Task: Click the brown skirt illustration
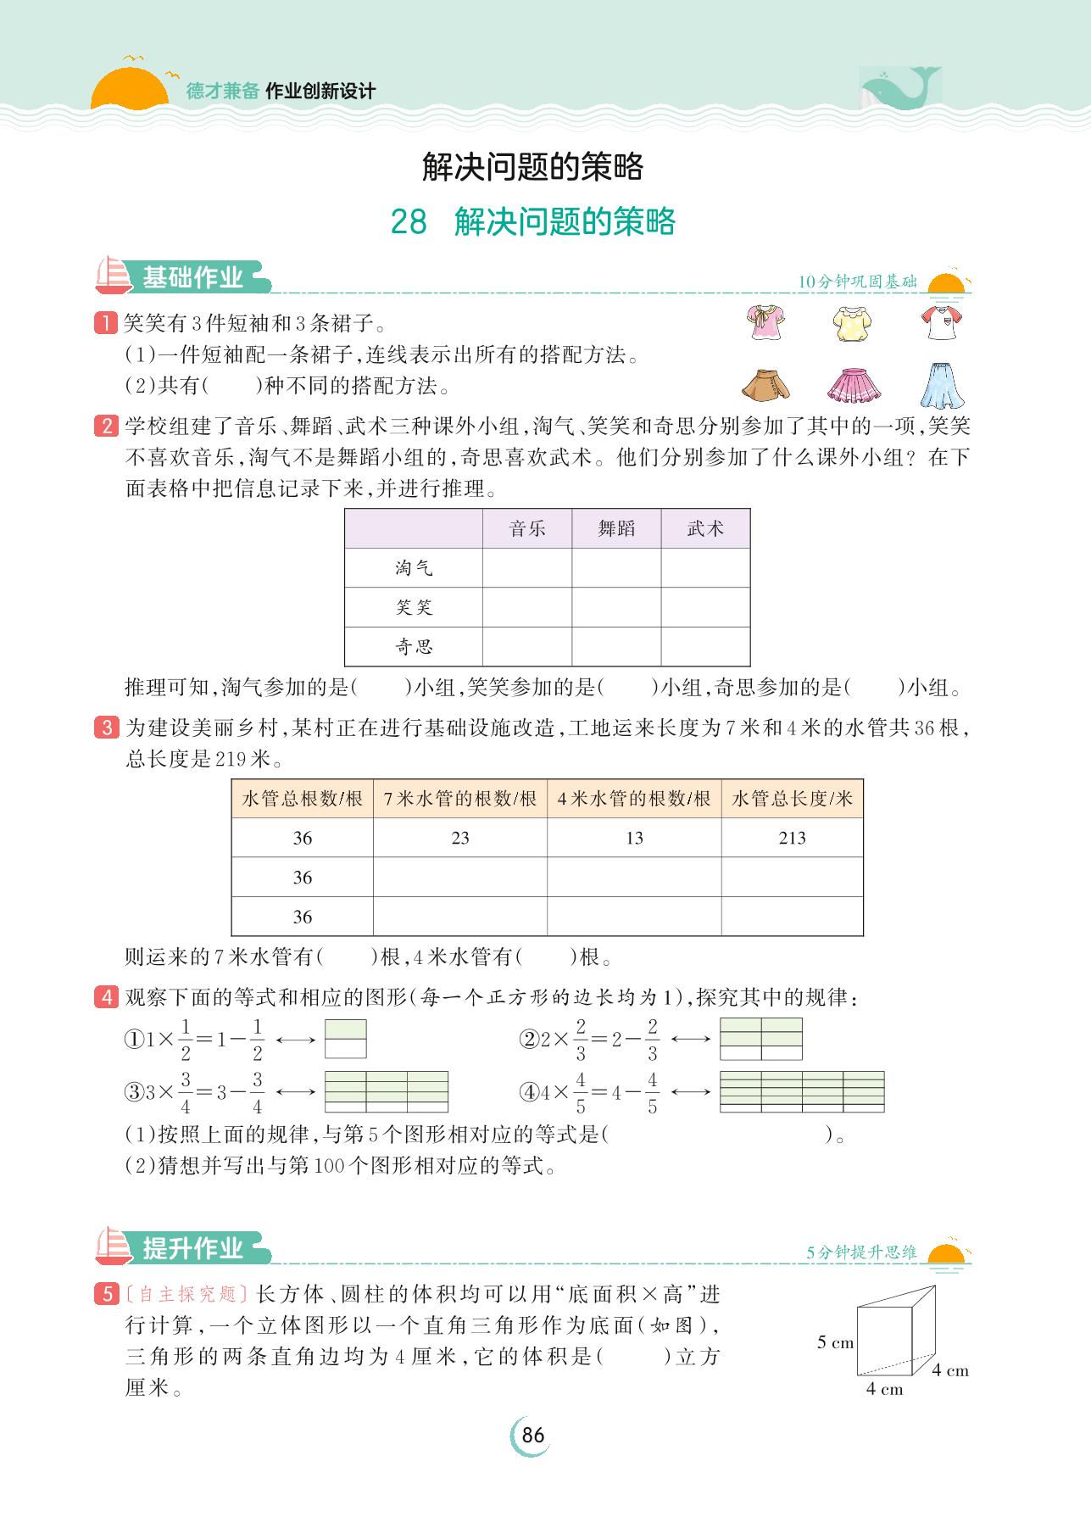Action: coord(766,385)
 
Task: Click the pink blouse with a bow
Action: coord(766,323)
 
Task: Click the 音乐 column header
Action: coord(527,529)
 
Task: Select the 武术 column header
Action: coord(705,529)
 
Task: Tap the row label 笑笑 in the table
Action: coord(414,607)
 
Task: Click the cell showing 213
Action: coord(792,838)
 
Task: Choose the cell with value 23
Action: coord(460,838)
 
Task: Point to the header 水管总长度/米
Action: coord(792,799)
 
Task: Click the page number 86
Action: coord(532,1436)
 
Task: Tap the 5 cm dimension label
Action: coord(835,1342)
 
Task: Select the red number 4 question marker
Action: coord(107,997)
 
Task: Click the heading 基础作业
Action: coord(192,277)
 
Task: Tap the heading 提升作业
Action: coord(192,1248)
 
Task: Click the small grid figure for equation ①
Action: coord(346,1039)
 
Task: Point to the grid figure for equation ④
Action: coord(801,1091)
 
